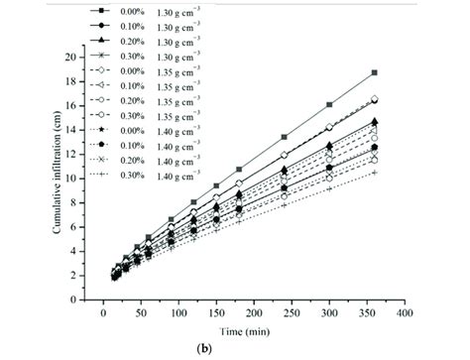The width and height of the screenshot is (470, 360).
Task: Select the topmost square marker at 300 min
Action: [x=329, y=104]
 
